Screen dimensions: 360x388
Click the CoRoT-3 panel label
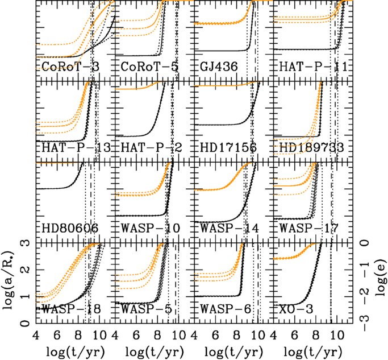point(70,67)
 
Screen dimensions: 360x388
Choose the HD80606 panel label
point(70,229)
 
